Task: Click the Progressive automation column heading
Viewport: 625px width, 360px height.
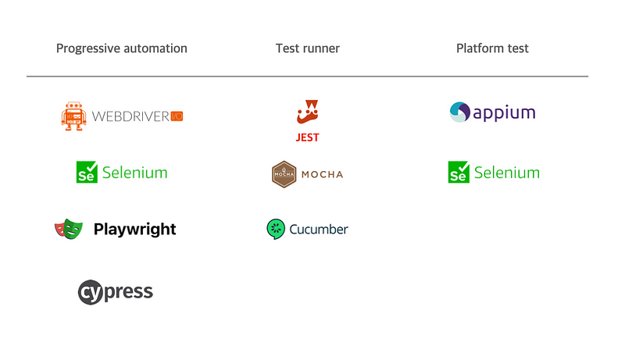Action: [121, 48]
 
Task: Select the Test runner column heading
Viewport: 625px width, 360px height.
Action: [308, 48]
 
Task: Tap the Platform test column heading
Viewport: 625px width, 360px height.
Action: [492, 48]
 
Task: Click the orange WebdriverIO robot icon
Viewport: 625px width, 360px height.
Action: [73, 116]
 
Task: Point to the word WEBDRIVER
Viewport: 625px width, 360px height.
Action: [130, 116]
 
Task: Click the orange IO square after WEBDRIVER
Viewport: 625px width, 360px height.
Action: [177, 116]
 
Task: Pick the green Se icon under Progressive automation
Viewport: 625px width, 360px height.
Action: [86, 173]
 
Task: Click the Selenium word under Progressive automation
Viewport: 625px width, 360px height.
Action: [134, 172]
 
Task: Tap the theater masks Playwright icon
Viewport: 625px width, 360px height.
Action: [69, 229]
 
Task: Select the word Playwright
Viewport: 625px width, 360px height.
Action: [134, 229]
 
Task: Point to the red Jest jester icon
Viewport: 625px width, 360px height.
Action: [308, 112]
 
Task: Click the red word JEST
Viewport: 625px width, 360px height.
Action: [308, 137]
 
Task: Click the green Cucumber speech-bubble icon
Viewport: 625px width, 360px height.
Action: [276, 229]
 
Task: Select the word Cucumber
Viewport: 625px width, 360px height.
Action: [319, 229]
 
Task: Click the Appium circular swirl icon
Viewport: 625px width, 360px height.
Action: [460, 112]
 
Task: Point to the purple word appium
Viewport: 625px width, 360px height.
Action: [505, 113]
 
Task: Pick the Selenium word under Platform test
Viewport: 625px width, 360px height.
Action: [507, 172]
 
